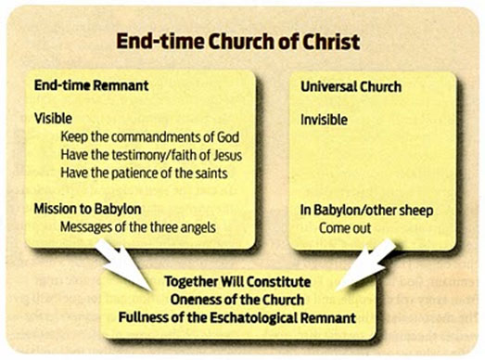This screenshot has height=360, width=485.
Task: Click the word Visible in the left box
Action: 53,119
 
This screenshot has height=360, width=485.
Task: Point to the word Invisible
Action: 324,119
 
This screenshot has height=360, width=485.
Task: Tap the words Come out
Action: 343,225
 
